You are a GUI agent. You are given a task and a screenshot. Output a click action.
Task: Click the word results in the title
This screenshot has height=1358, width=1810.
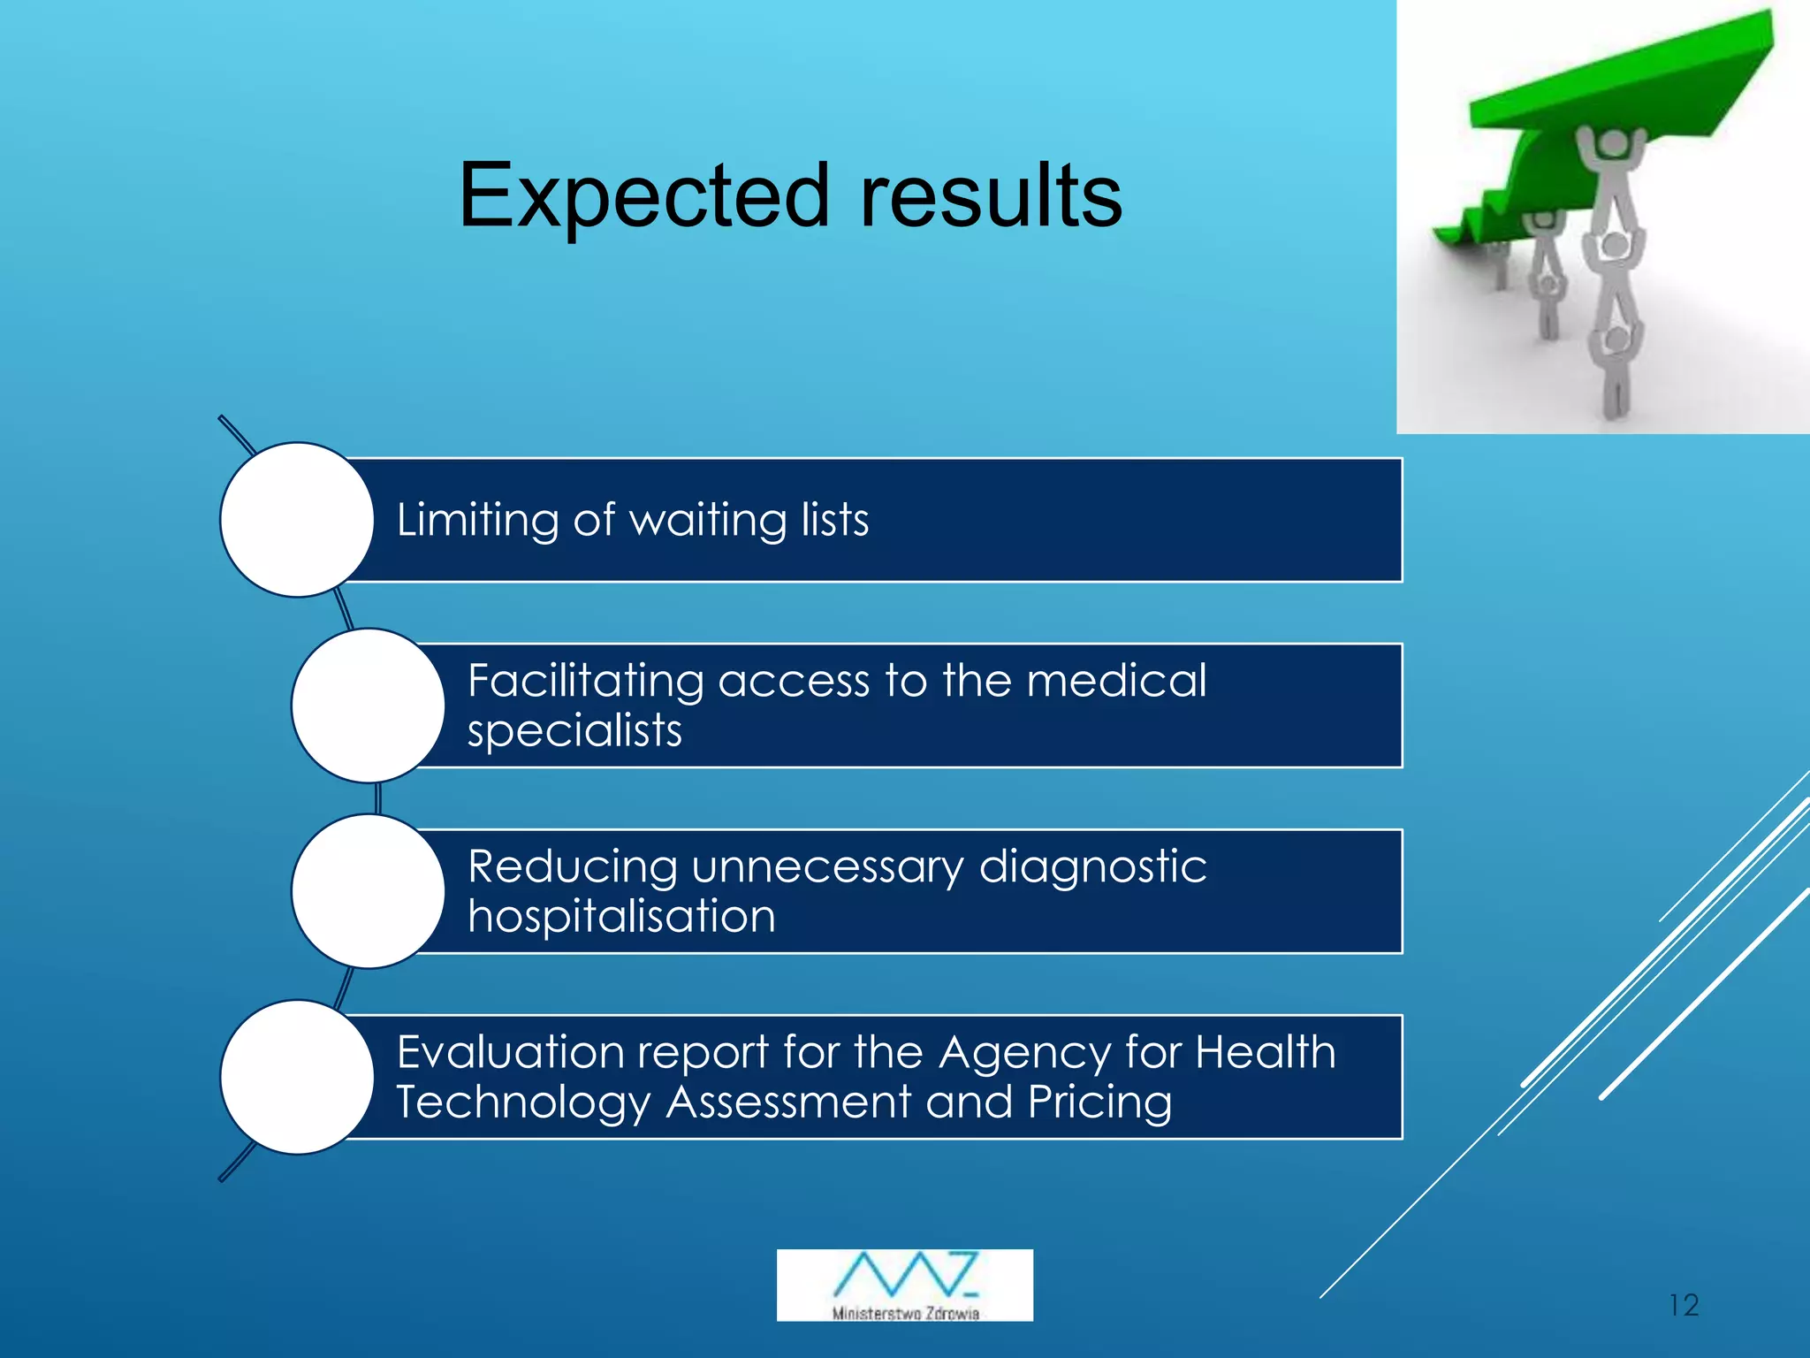coord(990,196)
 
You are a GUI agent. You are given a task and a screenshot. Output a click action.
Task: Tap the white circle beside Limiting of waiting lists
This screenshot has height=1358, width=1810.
coord(297,520)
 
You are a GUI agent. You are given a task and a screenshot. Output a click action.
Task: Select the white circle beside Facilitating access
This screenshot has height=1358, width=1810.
coord(368,706)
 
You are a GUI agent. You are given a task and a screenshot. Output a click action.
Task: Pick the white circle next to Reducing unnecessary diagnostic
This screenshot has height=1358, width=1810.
coord(368,891)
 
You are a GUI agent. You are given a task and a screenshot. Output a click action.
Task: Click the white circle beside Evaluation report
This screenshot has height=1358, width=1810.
coord(297,1077)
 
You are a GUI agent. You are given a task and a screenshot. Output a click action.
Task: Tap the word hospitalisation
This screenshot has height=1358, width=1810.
coord(621,916)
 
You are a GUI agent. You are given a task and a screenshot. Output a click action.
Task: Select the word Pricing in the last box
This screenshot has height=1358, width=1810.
coord(1099,1102)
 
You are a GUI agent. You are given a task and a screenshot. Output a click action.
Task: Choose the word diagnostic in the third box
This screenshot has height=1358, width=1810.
coord(1092,866)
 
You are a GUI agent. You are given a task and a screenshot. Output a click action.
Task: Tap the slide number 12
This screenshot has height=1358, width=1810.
coord(1684,1305)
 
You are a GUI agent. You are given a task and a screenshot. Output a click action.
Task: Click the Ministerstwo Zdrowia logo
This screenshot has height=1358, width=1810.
coord(904,1285)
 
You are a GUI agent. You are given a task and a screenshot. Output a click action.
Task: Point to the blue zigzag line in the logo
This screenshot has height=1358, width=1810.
coord(904,1273)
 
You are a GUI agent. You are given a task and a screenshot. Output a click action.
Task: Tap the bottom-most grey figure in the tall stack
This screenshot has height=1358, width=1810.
coord(1616,371)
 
